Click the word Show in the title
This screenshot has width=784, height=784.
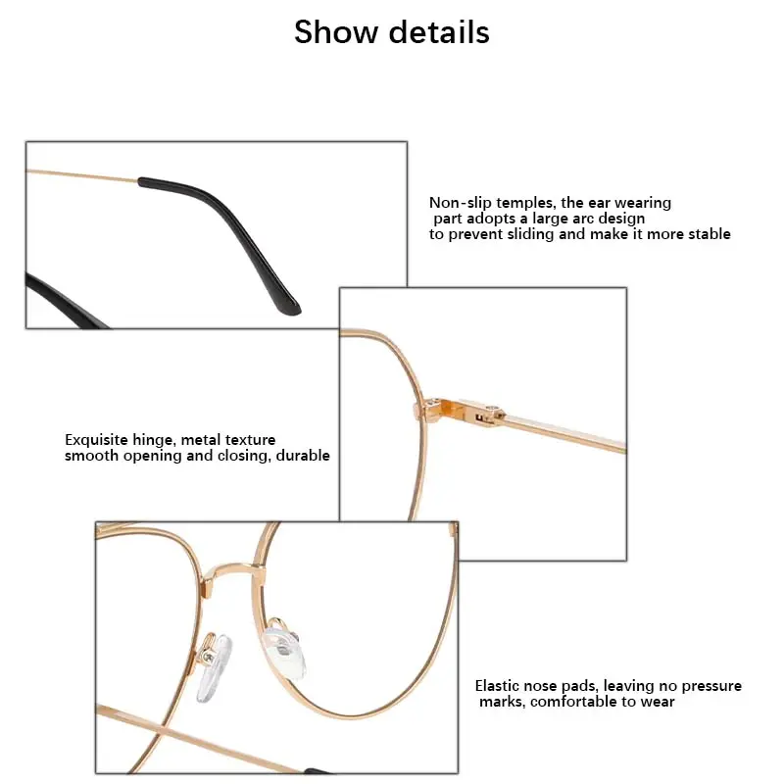(335, 32)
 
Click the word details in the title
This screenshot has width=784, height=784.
(439, 32)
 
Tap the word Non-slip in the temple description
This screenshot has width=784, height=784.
(461, 203)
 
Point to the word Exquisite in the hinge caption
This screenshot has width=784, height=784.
(96, 440)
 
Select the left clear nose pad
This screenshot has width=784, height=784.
(214, 667)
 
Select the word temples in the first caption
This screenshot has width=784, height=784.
(524, 203)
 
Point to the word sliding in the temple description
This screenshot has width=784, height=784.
(530, 234)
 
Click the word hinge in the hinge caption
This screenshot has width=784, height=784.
(153, 440)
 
